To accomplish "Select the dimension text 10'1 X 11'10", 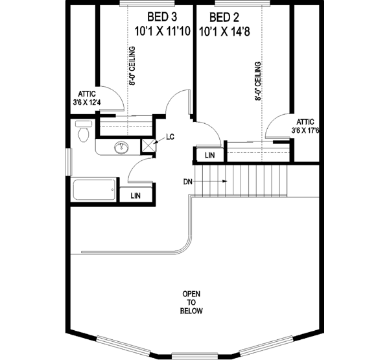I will tap(161, 30).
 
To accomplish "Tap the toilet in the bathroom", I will tap(82, 132).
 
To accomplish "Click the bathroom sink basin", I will tap(121, 148).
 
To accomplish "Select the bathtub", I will tap(94, 191).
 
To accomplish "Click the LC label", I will tap(171, 137).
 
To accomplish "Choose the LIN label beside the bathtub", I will tap(136, 195).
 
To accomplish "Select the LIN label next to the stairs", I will tap(210, 156).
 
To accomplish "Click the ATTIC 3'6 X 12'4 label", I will tap(87, 97).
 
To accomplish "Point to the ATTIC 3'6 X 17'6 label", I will tap(305, 126).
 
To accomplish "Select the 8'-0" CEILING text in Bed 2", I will tap(258, 81).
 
